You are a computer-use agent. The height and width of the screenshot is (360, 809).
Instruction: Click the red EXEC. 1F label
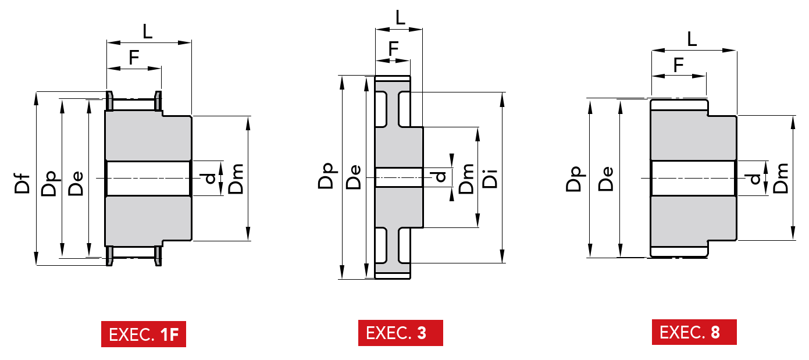[144, 334]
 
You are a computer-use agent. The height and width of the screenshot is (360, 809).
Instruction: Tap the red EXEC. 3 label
[401, 333]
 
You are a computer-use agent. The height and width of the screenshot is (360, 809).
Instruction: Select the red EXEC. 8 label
[694, 332]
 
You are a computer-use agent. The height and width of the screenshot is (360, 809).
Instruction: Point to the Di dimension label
[490, 179]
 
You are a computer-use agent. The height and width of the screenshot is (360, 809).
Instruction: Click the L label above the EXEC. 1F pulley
[147, 31]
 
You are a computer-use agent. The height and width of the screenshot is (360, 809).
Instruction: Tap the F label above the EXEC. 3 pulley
[393, 49]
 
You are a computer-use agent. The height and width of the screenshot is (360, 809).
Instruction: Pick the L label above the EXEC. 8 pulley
[692, 39]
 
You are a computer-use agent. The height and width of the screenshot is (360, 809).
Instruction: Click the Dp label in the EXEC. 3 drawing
[326, 176]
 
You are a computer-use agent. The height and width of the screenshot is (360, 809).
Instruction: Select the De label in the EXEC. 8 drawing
[606, 179]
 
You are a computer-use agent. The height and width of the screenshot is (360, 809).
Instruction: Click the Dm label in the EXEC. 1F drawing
[236, 179]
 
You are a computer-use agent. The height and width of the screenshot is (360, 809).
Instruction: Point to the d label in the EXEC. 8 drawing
[755, 179]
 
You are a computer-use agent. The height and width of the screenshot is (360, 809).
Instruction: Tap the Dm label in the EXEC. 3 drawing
[466, 179]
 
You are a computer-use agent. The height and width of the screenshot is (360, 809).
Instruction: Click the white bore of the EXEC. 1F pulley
[148, 179]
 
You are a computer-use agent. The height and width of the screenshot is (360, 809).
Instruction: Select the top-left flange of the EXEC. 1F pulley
[109, 101]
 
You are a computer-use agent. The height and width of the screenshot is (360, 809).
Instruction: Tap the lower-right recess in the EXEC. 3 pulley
[405, 245]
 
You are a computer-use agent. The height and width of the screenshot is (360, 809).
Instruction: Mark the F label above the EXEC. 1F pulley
[134, 57]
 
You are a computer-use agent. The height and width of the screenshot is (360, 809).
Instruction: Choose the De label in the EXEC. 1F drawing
[76, 183]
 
